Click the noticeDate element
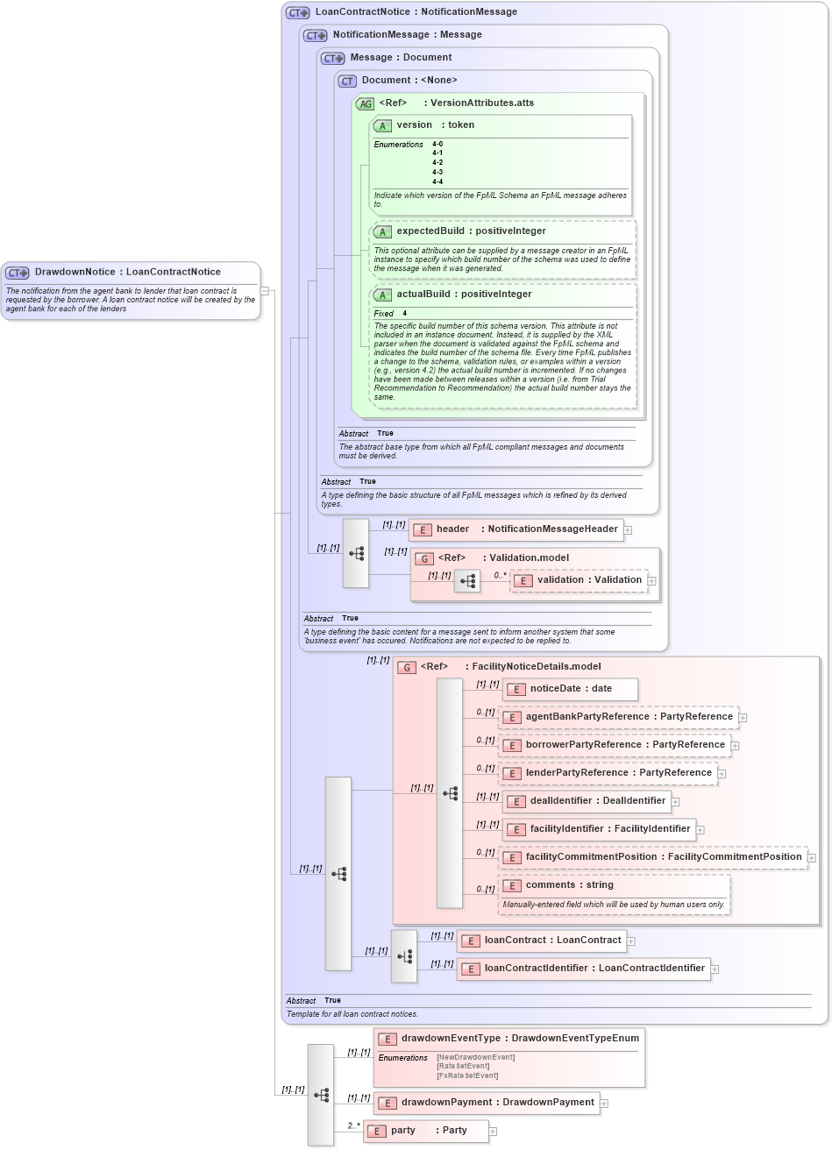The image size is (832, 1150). click(570, 689)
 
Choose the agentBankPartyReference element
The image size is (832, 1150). click(618, 717)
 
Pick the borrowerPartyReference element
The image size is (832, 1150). click(615, 745)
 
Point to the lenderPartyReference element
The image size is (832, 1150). click(608, 773)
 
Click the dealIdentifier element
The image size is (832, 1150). click(587, 801)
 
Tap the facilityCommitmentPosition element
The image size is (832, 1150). click(652, 857)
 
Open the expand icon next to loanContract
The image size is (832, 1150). click(631, 941)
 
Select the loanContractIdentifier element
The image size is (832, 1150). click(583, 969)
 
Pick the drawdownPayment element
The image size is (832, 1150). click(487, 1103)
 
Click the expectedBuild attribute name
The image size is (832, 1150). click(430, 231)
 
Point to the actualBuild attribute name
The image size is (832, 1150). click(425, 295)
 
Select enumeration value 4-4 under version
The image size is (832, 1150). click(437, 182)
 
